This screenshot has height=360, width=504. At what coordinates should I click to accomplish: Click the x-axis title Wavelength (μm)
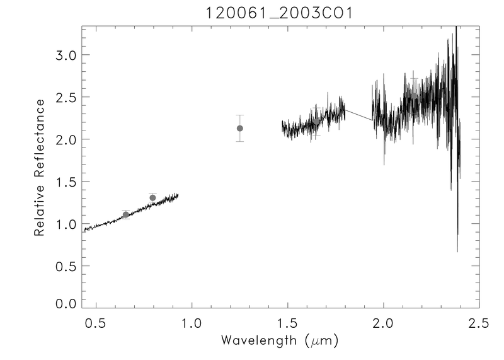tap(281, 341)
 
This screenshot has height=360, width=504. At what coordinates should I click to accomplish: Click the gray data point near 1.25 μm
tap(240, 129)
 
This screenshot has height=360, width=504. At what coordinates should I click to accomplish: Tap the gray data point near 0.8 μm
tap(152, 198)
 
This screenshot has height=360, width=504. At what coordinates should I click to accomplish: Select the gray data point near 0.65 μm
tap(126, 214)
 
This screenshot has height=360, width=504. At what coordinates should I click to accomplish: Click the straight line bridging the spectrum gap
tap(358, 115)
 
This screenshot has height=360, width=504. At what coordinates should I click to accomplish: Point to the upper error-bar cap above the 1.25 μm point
tap(240, 115)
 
